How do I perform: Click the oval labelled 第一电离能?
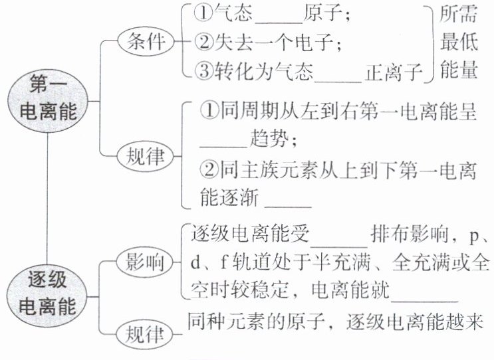(47, 97)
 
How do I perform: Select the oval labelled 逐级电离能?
(47, 293)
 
